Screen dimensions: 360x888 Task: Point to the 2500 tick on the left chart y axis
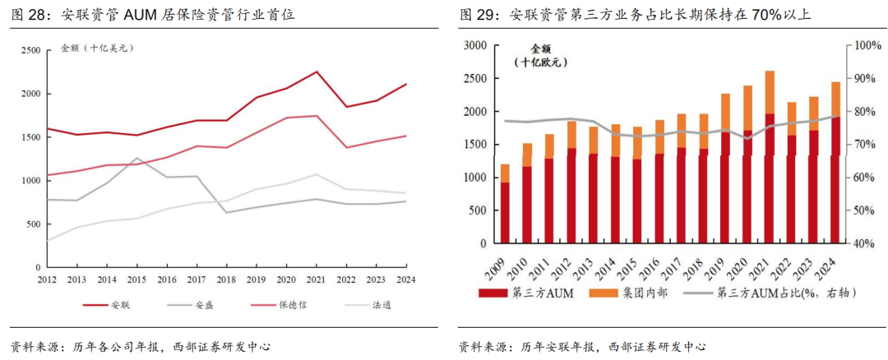point(30,50)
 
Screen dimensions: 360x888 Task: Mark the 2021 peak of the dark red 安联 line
point(317,72)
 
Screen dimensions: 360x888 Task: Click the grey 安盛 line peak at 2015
point(138,158)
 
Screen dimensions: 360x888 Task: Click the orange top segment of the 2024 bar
point(835,99)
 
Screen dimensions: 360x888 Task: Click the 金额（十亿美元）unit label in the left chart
point(98,48)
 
